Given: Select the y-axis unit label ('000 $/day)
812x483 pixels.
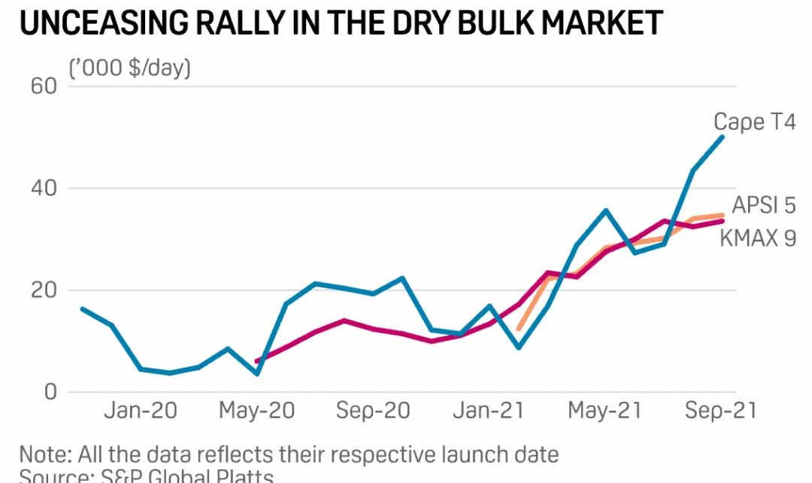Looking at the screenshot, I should point(130,68).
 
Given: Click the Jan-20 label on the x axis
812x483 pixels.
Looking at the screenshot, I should point(141,411).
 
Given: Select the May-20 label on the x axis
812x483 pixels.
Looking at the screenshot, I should point(257,411).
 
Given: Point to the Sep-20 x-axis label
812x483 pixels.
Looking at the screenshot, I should point(373,411).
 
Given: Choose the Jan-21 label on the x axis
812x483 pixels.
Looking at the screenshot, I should point(489,411).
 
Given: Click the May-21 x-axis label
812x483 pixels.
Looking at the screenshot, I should point(605,411).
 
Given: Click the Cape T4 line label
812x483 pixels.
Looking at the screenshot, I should point(754,122).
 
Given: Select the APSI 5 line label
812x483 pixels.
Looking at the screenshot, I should point(764,205).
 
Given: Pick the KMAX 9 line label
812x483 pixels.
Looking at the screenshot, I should point(757,237).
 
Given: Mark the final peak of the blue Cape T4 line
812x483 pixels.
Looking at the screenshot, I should point(723,136).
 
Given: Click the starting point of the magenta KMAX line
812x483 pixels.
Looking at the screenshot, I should point(257,361).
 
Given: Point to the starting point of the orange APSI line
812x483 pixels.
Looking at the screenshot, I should point(519,329).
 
